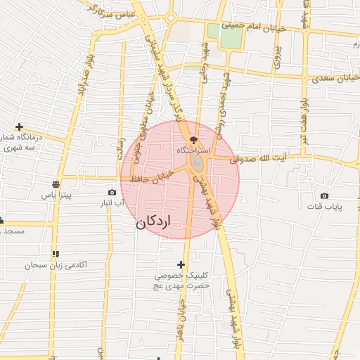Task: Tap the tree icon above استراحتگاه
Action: click(x=195, y=140)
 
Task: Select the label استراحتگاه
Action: click(x=194, y=150)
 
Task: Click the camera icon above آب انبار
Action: click(x=112, y=192)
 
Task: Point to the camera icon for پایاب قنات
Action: click(x=324, y=195)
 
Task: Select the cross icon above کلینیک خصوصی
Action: click(x=182, y=265)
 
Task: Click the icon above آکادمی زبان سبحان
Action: click(x=55, y=254)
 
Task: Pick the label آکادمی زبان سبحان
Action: click(x=56, y=265)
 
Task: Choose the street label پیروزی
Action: click(x=278, y=53)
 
